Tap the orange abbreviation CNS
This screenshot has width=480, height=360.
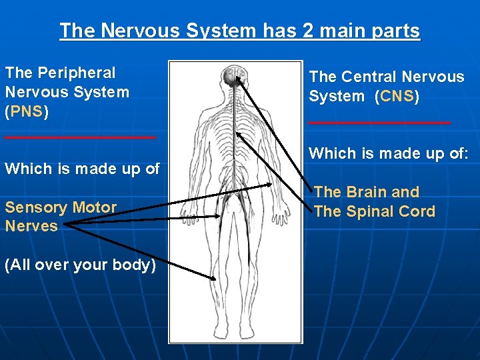point(397,96)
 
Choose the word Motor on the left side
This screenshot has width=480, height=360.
point(95,207)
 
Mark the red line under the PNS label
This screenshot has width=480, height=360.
point(80,137)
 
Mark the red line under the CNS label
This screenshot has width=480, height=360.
point(379,123)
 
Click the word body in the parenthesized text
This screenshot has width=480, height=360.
point(131,265)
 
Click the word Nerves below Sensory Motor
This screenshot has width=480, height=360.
point(31,226)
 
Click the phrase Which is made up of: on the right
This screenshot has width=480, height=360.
point(389,153)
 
